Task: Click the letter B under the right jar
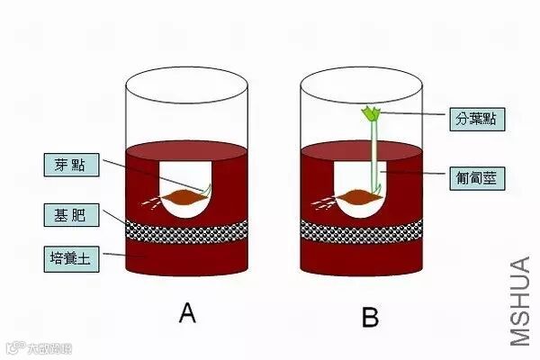[x=368, y=317]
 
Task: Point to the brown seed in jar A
[x=184, y=195]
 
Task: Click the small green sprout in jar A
[x=210, y=189]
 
